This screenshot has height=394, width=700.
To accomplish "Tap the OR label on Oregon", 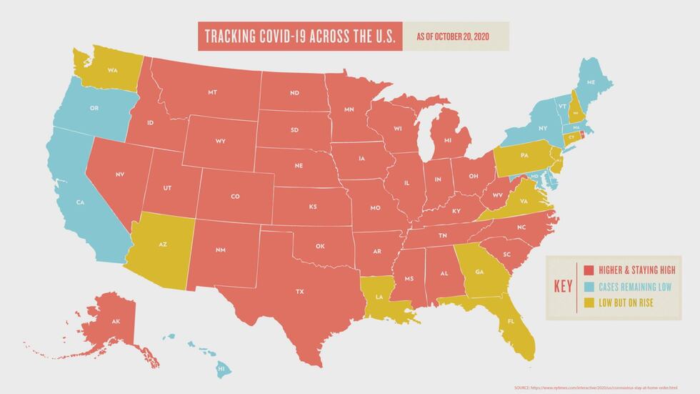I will (94, 109).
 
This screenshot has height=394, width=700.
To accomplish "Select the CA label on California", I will (81, 202).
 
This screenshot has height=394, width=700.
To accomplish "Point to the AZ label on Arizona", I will (163, 245).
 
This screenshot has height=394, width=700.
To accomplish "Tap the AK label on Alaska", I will (116, 322).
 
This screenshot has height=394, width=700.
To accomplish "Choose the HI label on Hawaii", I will (221, 369).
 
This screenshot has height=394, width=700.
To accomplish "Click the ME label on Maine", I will (591, 83).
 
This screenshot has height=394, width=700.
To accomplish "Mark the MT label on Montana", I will (212, 93).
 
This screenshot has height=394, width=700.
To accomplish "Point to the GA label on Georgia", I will (479, 272).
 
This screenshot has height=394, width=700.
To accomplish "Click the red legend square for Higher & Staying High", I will (589, 270).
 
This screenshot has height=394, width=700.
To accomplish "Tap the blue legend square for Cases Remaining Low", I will (589, 286).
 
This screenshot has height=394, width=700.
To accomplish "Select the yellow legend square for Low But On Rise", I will (589, 302).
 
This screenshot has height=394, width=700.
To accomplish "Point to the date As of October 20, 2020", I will (454, 36).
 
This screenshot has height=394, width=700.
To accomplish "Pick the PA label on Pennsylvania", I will (524, 155).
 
